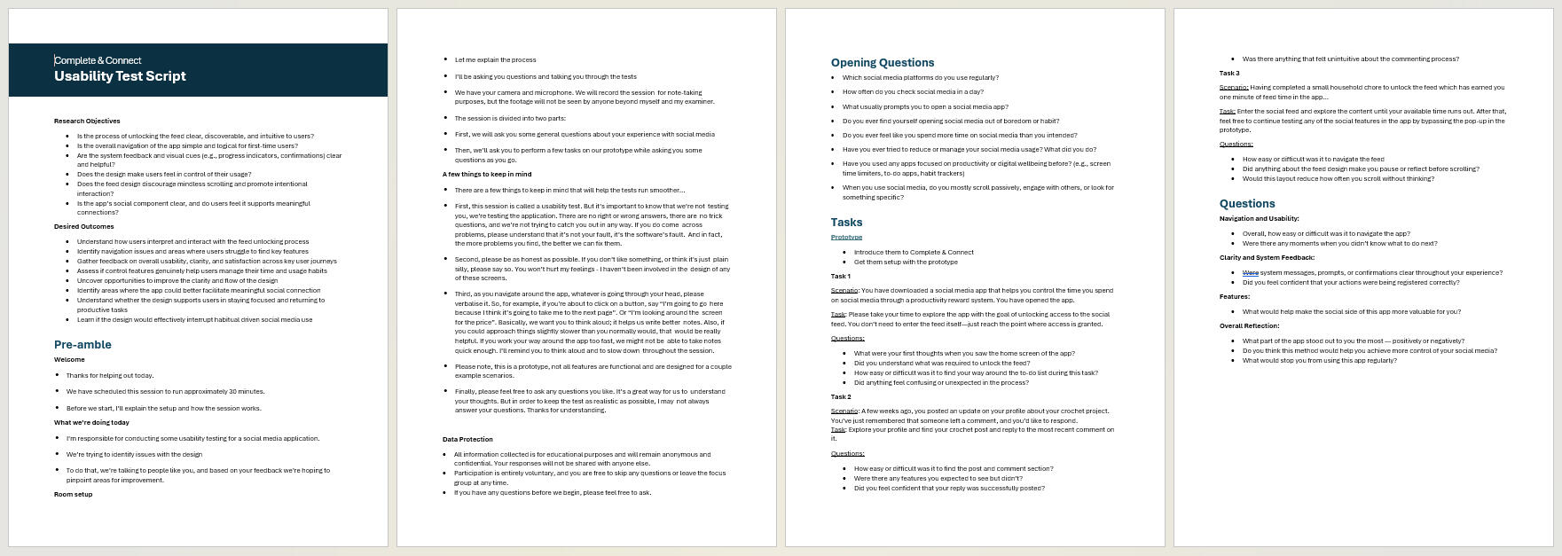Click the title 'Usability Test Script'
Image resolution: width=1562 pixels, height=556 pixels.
coord(120,76)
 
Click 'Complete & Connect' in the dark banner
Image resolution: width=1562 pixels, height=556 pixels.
coord(98,60)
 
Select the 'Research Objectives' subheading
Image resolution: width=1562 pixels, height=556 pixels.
coord(87,121)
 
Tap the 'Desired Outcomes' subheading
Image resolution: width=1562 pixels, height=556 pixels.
coord(83,226)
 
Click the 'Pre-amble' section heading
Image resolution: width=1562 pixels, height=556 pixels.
coord(82,344)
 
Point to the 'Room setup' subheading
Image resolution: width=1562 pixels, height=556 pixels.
coord(73,494)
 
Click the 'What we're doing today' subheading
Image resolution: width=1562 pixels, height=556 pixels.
coord(91,422)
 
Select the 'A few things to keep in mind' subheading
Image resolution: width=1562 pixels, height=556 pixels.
coord(487,174)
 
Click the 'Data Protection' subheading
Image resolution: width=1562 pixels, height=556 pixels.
coord(467,439)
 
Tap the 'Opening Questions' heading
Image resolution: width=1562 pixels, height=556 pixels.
coord(882,62)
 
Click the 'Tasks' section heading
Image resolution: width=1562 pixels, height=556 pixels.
coord(846,222)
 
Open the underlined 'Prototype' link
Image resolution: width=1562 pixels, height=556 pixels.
coord(846,237)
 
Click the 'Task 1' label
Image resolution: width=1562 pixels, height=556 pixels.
coord(840,276)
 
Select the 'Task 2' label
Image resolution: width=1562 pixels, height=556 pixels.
coord(840,396)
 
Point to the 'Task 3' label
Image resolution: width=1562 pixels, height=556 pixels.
coord(1228,73)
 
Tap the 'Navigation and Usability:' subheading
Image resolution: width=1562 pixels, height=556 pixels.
coord(1259,218)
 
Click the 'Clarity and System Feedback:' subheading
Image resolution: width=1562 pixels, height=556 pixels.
coord(1267,258)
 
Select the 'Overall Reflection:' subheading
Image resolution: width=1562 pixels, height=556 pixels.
coord(1249,325)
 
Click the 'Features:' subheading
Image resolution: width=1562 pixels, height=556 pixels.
coord(1234,297)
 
